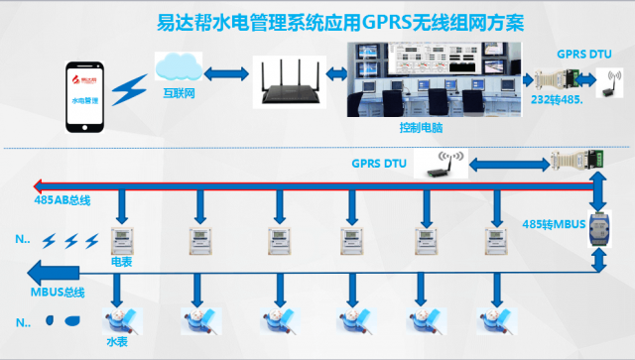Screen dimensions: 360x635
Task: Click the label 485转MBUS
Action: point(554,225)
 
